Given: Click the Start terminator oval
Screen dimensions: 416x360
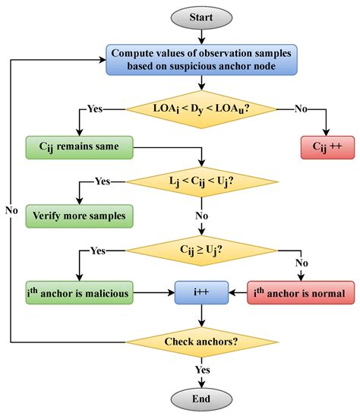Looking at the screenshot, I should tap(201, 17).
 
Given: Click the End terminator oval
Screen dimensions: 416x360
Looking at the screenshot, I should tap(201, 398).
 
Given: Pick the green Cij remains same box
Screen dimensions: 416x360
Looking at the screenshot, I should tap(77, 144).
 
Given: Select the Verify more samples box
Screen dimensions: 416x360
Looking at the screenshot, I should tap(77, 215).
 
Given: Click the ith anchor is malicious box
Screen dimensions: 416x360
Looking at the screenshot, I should tap(77, 291).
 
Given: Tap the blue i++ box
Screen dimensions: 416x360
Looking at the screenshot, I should tap(201, 291).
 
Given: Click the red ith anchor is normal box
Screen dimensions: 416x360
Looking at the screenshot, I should tap(297, 291).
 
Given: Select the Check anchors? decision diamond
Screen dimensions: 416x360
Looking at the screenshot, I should tap(201, 341).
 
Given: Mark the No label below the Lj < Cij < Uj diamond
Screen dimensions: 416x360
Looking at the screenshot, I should tap(201, 215).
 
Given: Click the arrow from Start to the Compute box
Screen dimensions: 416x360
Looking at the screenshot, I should tap(201, 36).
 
